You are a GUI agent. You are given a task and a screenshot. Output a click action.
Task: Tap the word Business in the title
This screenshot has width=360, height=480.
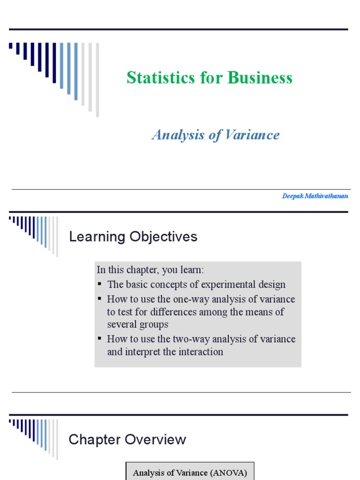(x=260, y=78)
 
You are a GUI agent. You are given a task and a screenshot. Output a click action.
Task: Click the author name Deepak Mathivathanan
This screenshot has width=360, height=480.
(x=315, y=196)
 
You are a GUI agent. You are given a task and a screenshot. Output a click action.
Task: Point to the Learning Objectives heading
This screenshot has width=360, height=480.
(x=133, y=237)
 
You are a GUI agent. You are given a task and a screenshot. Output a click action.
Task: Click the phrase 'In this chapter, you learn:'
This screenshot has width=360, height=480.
(x=150, y=270)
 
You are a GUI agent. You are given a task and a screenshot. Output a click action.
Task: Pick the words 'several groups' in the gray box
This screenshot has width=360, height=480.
(x=137, y=324)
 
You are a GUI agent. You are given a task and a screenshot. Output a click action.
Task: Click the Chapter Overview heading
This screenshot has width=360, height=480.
(x=127, y=440)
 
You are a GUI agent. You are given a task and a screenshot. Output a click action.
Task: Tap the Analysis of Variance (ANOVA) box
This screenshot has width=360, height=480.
(x=189, y=472)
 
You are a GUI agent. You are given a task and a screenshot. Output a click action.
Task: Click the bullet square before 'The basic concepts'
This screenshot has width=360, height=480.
(x=100, y=285)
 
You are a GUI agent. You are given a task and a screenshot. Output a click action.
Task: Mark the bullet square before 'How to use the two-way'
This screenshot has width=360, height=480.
(x=100, y=338)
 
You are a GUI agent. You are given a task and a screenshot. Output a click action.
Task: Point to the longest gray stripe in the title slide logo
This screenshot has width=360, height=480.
(x=97, y=80)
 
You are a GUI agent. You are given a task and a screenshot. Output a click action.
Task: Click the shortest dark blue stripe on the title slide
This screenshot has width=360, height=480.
(x=11, y=45)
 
